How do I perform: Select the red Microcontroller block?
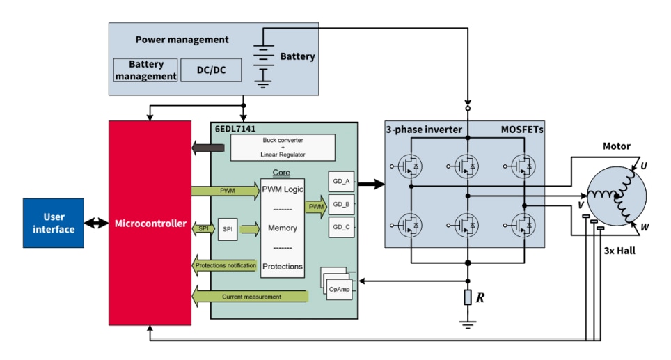coord(150,223)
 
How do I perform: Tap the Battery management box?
coord(144,70)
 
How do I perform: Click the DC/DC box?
coord(210,70)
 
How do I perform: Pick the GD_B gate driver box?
coord(341,205)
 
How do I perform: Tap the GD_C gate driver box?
coord(341,228)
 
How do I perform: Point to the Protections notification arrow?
coord(225,265)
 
